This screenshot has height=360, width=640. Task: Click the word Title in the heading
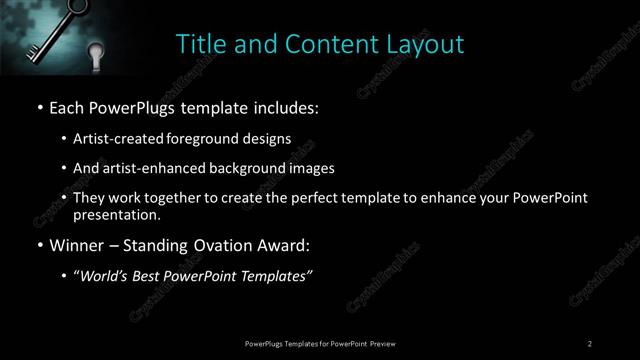(199, 44)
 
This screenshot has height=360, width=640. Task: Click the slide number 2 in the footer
(590, 344)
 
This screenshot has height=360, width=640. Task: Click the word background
(241, 168)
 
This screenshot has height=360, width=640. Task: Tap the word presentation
(115, 214)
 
